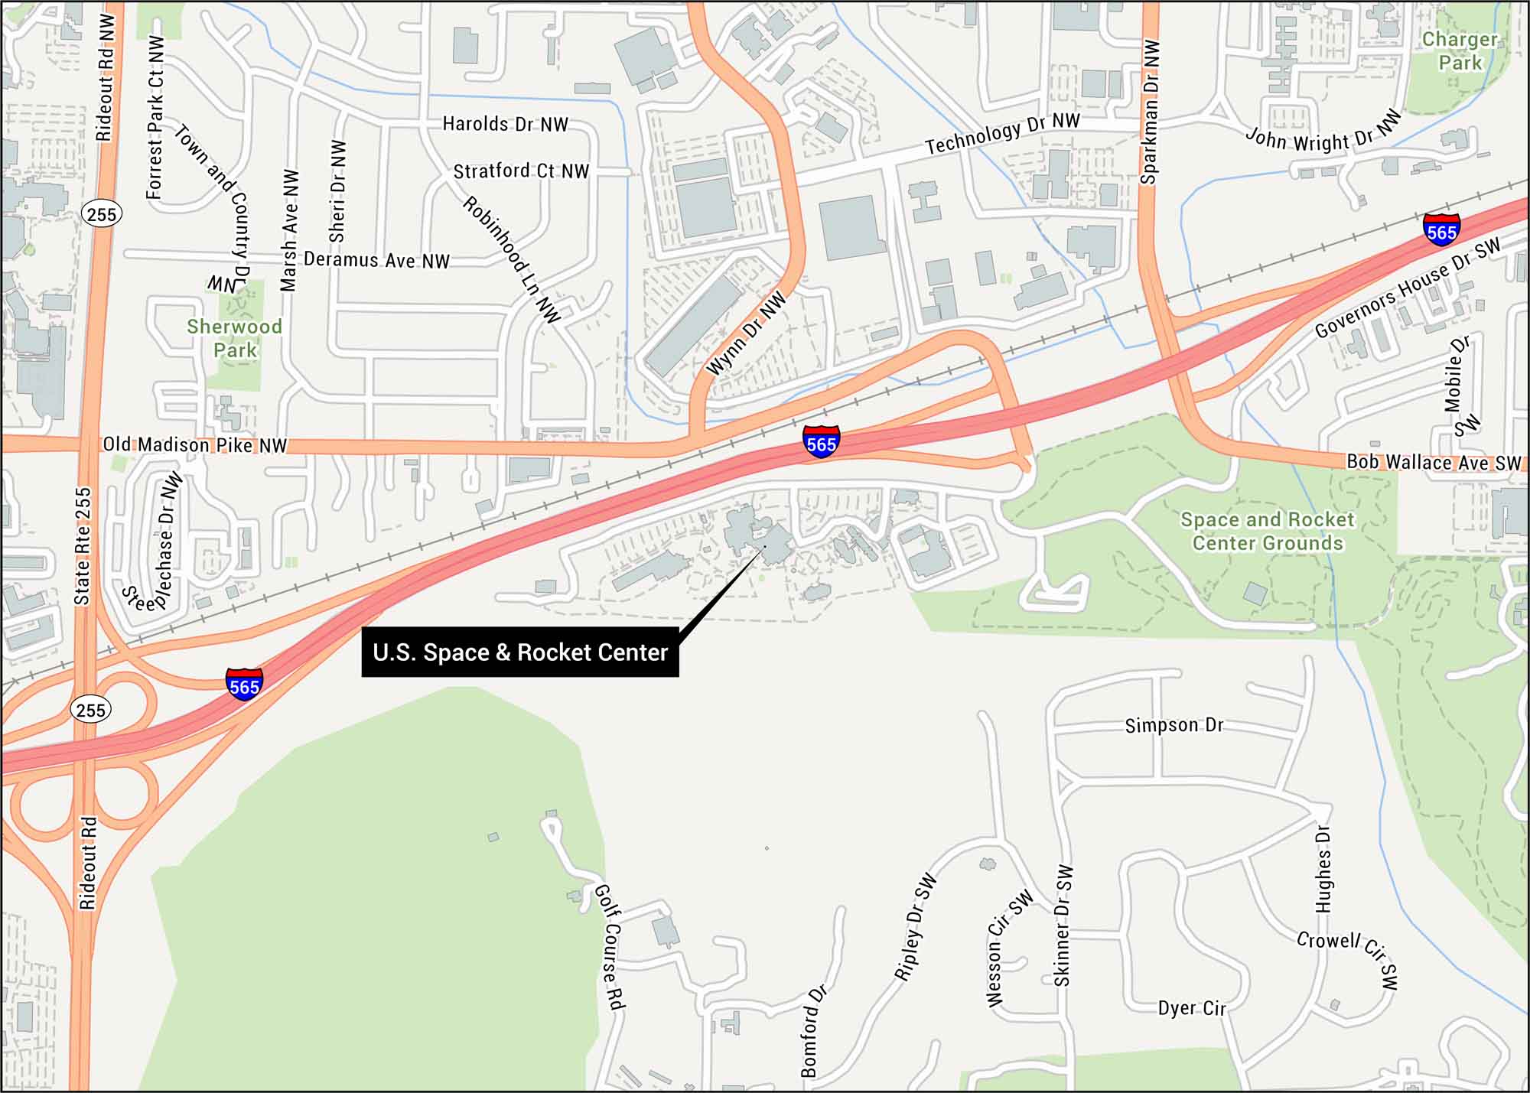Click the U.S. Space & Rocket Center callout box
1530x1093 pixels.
pyautogui.click(x=520, y=652)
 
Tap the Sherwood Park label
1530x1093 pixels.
pyautogui.click(x=235, y=338)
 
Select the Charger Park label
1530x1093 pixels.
pyautogui.click(x=1460, y=50)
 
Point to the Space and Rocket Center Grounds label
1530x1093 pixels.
pyautogui.click(x=1268, y=532)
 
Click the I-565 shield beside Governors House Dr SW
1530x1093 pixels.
pyautogui.click(x=1441, y=229)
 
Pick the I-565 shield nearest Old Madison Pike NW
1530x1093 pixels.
pyautogui.click(x=821, y=442)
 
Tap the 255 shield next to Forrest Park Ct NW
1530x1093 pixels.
pyautogui.click(x=102, y=213)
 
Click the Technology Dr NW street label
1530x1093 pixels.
pyautogui.click(x=1002, y=133)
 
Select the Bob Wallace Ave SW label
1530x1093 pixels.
pyautogui.click(x=1434, y=462)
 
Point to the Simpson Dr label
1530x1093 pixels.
pyautogui.click(x=1174, y=725)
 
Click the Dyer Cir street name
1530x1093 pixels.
pyautogui.click(x=1192, y=1008)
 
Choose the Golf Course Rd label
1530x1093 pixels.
pyautogui.click(x=610, y=947)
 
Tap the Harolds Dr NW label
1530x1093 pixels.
pyautogui.click(x=506, y=124)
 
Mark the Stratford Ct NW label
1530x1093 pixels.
pyautogui.click(x=521, y=171)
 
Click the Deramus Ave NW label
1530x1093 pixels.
pyautogui.click(x=376, y=260)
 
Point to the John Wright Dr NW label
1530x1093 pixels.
pyautogui.click(x=1323, y=132)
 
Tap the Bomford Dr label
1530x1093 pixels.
pyautogui.click(x=814, y=1031)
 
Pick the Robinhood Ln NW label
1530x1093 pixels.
pyautogui.click(x=512, y=259)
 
